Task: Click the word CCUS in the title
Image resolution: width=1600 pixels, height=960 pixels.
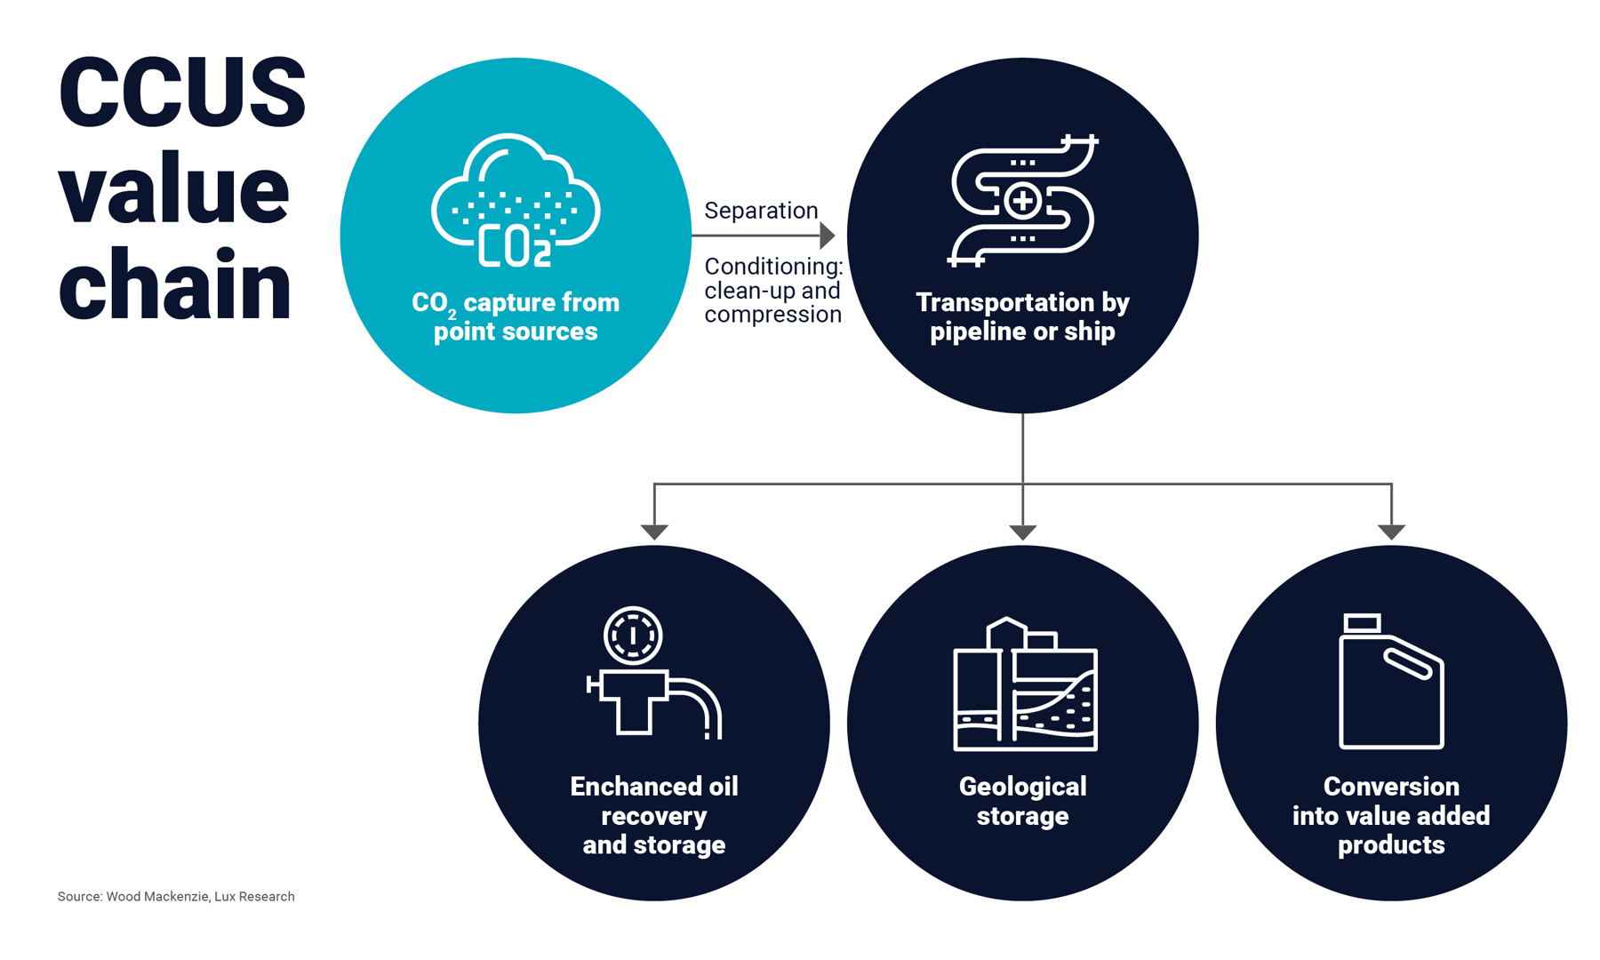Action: pos(182,92)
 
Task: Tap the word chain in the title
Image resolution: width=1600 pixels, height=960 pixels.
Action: pos(175,285)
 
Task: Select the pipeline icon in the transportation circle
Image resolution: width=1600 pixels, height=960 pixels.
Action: pos(1022,201)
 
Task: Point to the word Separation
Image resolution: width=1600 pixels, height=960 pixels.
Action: pos(761,211)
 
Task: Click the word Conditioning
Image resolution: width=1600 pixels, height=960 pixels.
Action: pos(773,267)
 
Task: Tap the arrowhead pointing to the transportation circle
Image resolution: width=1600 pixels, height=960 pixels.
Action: pos(827,236)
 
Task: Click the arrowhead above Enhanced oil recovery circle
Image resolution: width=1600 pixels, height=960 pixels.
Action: pos(654,532)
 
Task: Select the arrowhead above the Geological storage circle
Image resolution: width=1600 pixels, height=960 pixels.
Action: pos(1023,532)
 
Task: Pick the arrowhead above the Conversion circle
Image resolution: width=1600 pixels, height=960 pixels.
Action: pos(1391,532)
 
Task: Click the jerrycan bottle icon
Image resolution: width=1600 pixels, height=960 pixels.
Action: pos(1391,682)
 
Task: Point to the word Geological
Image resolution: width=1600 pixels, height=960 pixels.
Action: pos(1022,787)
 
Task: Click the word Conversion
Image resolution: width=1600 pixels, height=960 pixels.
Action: pos(1391,787)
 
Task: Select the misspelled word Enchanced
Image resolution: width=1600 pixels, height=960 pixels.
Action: pos(624,787)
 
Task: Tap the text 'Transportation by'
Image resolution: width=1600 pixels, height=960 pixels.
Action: pos(1022,302)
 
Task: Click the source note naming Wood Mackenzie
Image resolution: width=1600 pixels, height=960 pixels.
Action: pos(176,896)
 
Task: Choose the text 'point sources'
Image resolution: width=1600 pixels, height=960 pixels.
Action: pos(516,332)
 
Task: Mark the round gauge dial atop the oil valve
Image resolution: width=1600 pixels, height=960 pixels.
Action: pos(633,636)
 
